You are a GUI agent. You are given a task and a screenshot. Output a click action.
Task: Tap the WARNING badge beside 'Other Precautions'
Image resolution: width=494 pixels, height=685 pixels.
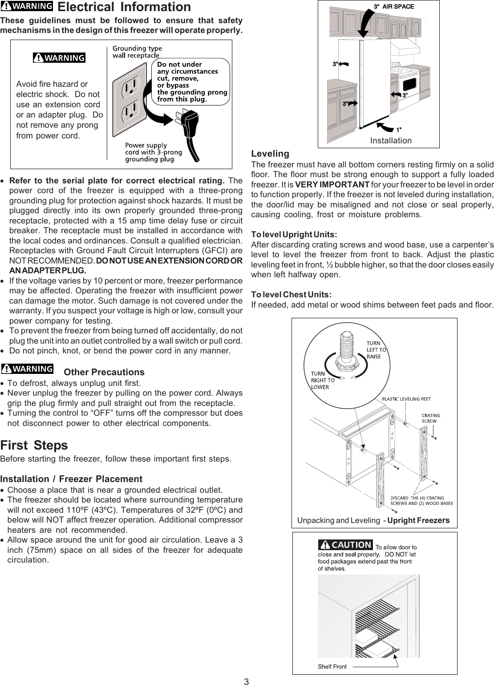pos(27,369)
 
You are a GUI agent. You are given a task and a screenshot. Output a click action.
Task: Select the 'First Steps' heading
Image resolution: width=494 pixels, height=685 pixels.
pos(34,445)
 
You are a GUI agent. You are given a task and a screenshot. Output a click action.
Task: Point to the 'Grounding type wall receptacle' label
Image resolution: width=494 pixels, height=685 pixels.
pos(137,52)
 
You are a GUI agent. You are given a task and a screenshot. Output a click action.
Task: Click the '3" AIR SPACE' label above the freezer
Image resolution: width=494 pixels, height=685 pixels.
pos(393,7)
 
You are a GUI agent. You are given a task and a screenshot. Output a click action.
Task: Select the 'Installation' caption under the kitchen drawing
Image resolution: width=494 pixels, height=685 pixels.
pos(391,141)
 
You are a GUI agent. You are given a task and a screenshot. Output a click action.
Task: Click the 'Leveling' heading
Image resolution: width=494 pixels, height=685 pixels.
pos(270,154)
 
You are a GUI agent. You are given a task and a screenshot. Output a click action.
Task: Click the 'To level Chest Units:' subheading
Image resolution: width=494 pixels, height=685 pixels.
pos(292,295)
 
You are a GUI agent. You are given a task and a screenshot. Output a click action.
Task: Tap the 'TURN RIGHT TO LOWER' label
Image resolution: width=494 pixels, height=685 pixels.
pos(322,380)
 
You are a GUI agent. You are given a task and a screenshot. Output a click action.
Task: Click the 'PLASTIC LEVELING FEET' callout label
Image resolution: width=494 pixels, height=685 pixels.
pos(406,399)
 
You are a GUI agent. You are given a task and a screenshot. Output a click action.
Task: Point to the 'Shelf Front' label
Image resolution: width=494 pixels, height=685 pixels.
pos(332,666)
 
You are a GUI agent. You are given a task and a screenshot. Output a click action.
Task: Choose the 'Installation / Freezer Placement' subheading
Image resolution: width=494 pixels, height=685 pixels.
pos(71,479)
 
